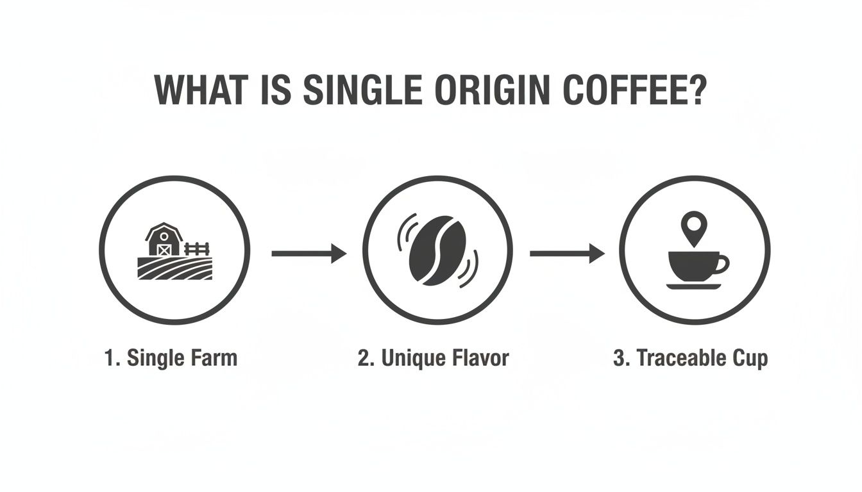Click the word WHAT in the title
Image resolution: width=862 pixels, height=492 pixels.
(x=201, y=90)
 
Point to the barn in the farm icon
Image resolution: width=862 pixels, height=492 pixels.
(x=164, y=240)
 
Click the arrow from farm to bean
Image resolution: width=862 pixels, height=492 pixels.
(x=308, y=254)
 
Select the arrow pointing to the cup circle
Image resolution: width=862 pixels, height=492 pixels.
(x=567, y=254)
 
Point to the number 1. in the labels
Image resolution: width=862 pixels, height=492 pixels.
(x=112, y=357)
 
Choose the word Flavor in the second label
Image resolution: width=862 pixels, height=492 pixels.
(x=480, y=357)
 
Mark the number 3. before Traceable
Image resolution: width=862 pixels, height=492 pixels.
(x=621, y=358)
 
